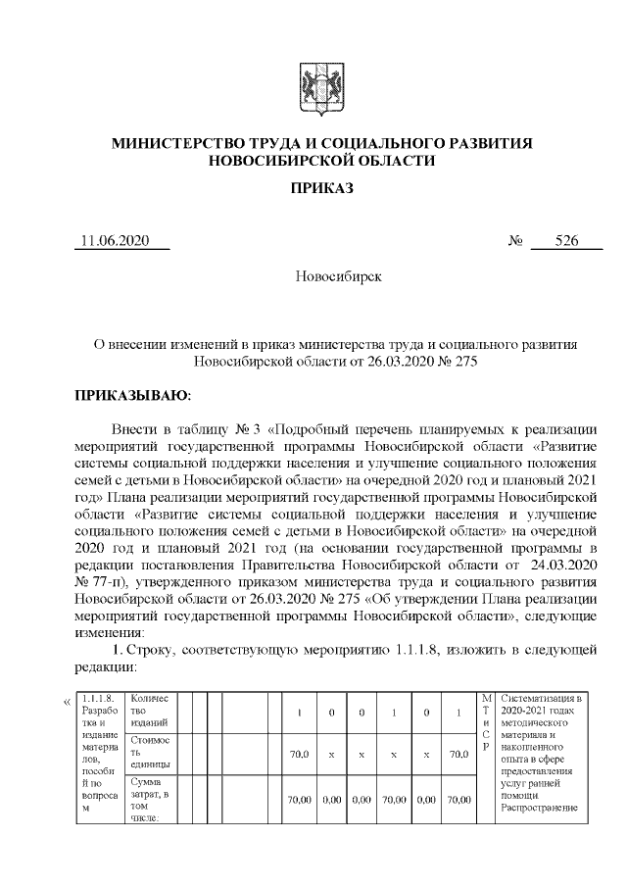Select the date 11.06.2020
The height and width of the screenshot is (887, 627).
click(x=115, y=242)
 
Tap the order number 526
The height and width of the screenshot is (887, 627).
click(x=566, y=242)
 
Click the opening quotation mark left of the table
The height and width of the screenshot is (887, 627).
click(x=67, y=701)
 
